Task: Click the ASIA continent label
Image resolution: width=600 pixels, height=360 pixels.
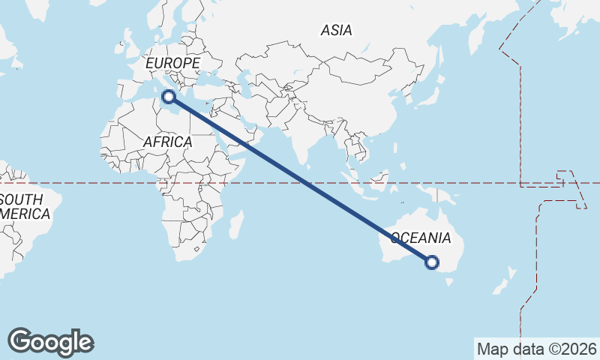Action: [336, 31]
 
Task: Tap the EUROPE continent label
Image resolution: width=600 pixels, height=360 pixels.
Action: [172, 63]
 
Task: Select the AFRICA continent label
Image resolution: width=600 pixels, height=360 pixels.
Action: [167, 141]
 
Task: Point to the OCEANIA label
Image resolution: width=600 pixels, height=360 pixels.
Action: [421, 238]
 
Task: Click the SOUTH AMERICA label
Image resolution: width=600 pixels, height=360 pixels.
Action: [26, 206]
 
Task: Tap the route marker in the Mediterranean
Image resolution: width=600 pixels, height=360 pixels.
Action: [169, 96]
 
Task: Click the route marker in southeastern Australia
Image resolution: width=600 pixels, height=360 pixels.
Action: [432, 262]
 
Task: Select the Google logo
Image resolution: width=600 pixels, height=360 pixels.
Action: [51, 342]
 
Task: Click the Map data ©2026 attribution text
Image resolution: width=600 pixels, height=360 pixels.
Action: [537, 349]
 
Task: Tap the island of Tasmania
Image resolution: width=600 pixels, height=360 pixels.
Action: [450, 281]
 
